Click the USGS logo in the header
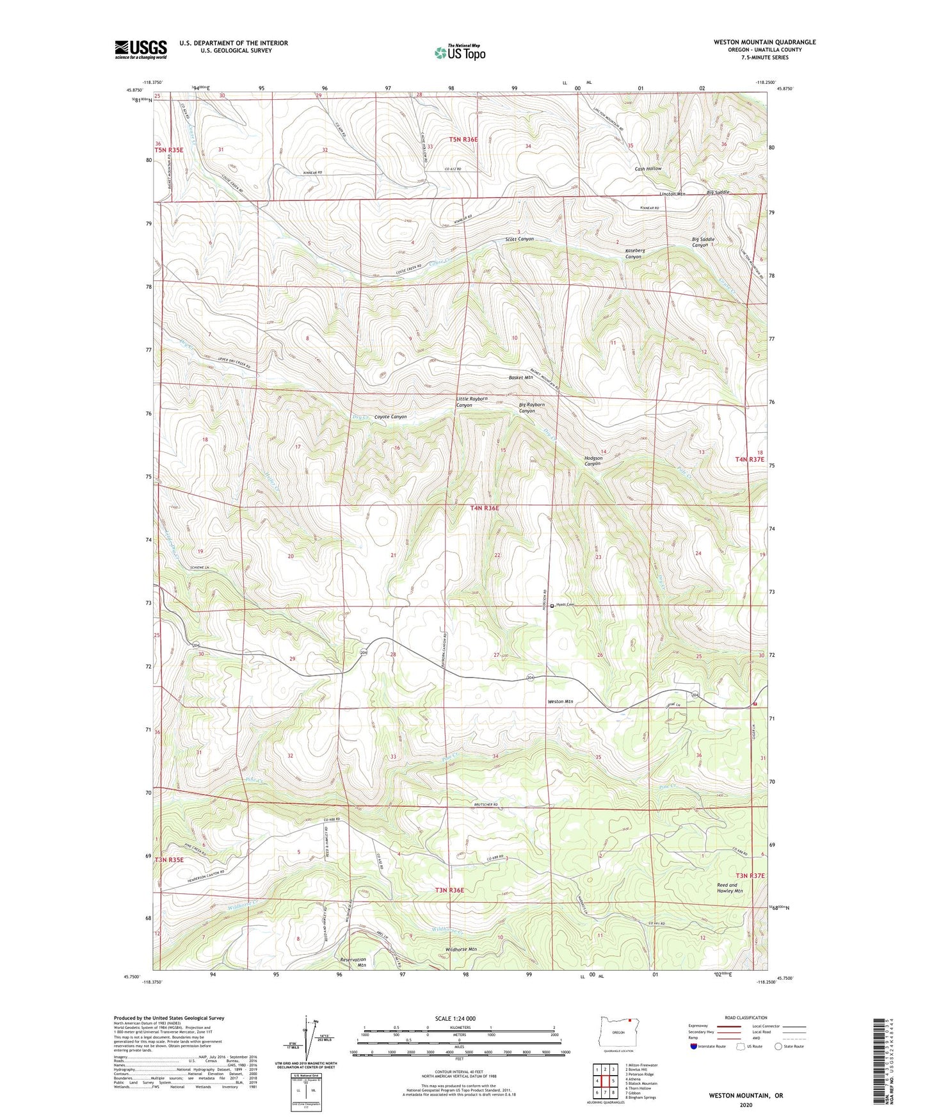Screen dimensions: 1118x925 (x=141, y=49)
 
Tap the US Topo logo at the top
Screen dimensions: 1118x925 (x=459, y=53)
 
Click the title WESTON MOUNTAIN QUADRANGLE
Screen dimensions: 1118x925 (x=764, y=42)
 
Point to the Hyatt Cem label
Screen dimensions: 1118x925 (x=565, y=605)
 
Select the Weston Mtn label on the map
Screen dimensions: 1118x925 (x=560, y=701)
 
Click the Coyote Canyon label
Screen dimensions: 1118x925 (x=390, y=417)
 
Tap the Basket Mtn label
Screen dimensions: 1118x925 (x=520, y=378)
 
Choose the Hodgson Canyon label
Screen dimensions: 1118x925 (x=593, y=461)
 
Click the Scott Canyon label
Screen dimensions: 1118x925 (x=519, y=239)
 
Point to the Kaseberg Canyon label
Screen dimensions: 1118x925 (x=634, y=254)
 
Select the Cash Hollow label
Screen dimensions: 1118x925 (x=648, y=168)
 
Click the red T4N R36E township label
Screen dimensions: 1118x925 (x=484, y=508)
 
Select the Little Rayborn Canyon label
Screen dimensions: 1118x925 (x=471, y=401)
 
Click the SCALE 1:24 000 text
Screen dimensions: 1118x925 (x=455, y=1018)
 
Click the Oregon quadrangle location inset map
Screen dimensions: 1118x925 (x=618, y=1032)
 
